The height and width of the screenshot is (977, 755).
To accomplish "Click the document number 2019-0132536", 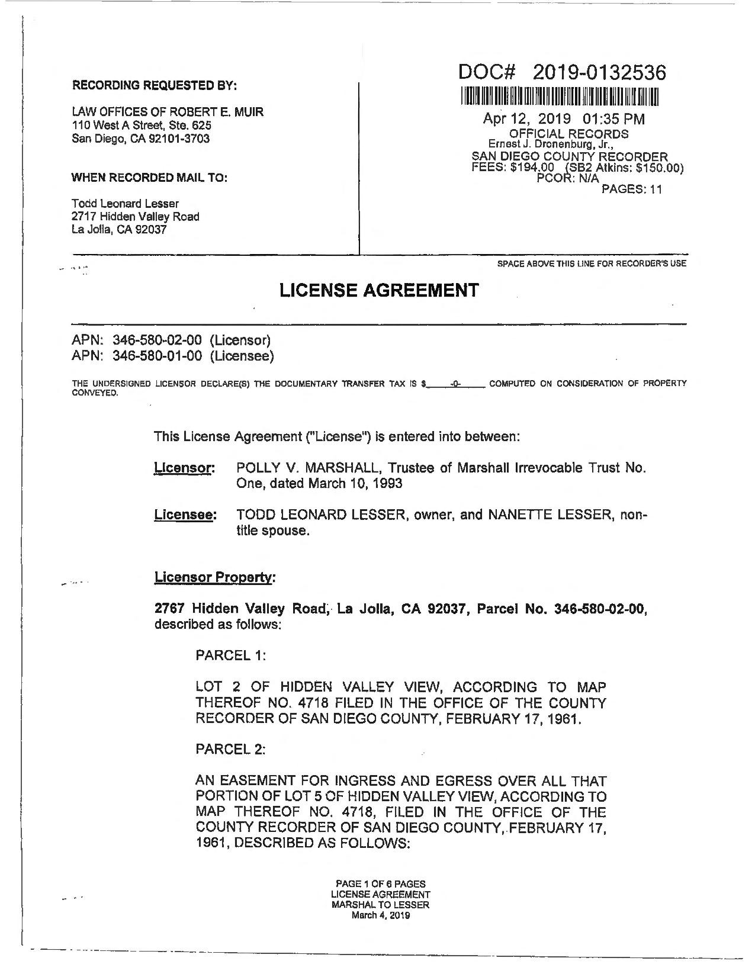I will [x=599, y=72].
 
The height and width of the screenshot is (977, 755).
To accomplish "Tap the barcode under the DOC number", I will [x=560, y=96].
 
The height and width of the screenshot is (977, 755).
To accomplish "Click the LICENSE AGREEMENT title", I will [x=378, y=290].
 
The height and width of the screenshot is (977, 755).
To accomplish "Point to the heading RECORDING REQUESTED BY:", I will [x=154, y=86].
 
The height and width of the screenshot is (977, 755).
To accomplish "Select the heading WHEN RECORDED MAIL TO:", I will [x=149, y=178].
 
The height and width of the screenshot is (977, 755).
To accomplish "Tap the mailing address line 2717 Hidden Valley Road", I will [x=135, y=217].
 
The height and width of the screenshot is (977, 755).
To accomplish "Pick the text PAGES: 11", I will [x=631, y=189].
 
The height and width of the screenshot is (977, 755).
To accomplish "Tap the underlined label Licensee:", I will [x=185, y=515].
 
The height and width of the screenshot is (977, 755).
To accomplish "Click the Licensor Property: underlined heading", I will [x=214, y=577].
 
